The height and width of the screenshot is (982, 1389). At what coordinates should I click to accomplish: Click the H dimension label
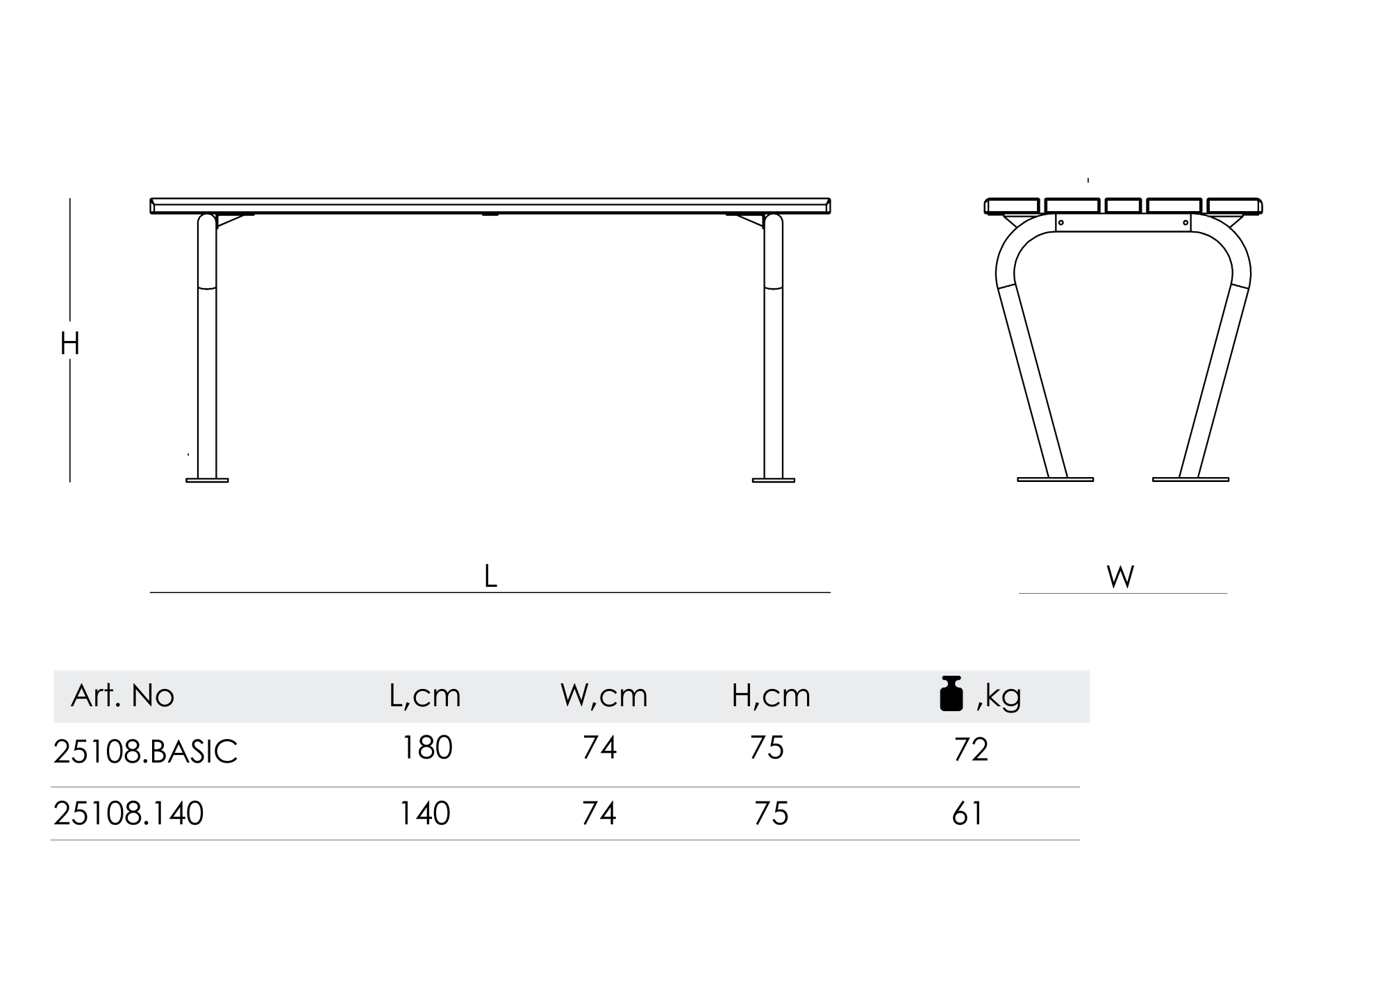[70, 344]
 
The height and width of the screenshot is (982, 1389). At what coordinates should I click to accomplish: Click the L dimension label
[490, 576]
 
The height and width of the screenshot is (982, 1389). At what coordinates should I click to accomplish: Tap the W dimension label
[1121, 576]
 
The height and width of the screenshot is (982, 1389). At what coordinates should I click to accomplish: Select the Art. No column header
[122, 695]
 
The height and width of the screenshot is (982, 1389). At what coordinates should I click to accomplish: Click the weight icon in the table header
[951, 693]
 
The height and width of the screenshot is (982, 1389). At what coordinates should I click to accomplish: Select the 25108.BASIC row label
[145, 751]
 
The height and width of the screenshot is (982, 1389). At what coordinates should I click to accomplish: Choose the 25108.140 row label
[128, 813]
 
